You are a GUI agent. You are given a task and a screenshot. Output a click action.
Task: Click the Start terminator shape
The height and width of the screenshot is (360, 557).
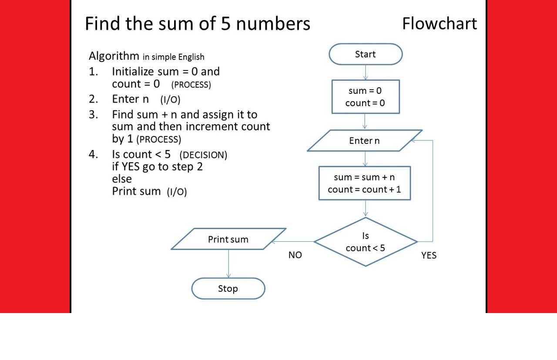click(366, 54)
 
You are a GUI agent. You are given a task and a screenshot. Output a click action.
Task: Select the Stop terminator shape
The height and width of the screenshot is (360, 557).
click(228, 289)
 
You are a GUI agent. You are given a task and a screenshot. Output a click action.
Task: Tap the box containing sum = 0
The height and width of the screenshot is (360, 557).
click(366, 97)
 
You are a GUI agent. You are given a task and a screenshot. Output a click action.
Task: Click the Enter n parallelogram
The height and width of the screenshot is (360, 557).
click(365, 140)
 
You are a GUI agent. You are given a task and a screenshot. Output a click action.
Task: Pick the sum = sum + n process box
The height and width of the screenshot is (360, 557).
click(365, 183)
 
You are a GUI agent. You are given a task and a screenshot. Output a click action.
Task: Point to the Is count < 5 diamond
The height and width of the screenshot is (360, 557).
click(366, 242)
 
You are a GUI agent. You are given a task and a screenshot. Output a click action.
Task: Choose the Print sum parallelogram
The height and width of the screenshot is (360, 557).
click(228, 239)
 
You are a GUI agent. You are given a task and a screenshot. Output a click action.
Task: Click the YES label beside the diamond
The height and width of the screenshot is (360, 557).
click(429, 256)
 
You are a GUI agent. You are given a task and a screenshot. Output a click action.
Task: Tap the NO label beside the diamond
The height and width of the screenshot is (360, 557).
click(295, 255)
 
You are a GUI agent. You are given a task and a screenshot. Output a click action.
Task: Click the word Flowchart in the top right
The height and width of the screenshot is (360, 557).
click(439, 23)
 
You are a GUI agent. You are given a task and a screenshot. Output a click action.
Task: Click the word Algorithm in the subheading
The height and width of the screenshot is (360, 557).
click(113, 56)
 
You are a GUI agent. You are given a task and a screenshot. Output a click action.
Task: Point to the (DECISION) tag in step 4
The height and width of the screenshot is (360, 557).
click(203, 155)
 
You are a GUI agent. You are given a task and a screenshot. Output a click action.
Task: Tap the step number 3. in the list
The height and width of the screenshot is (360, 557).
click(94, 115)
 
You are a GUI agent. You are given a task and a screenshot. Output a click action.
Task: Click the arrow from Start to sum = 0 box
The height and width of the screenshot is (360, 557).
click(366, 72)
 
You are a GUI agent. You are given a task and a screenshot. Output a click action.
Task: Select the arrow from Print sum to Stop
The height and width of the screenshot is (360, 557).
click(228, 263)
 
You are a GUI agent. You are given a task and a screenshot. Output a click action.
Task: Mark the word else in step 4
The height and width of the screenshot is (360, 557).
click(122, 179)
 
